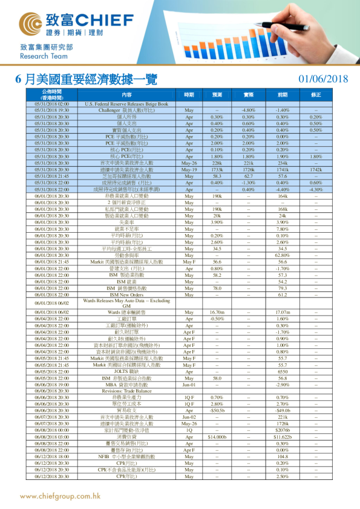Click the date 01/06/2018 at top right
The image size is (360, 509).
(324, 79)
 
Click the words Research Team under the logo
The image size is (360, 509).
(41, 56)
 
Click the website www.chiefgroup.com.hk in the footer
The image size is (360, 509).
(61, 496)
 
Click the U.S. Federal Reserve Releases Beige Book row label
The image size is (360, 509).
(126, 105)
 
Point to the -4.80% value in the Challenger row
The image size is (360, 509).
(249, 111)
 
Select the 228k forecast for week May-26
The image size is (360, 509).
(217, 163)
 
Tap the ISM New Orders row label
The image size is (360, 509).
(126, 294)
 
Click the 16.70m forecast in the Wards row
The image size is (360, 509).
(217, 312)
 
